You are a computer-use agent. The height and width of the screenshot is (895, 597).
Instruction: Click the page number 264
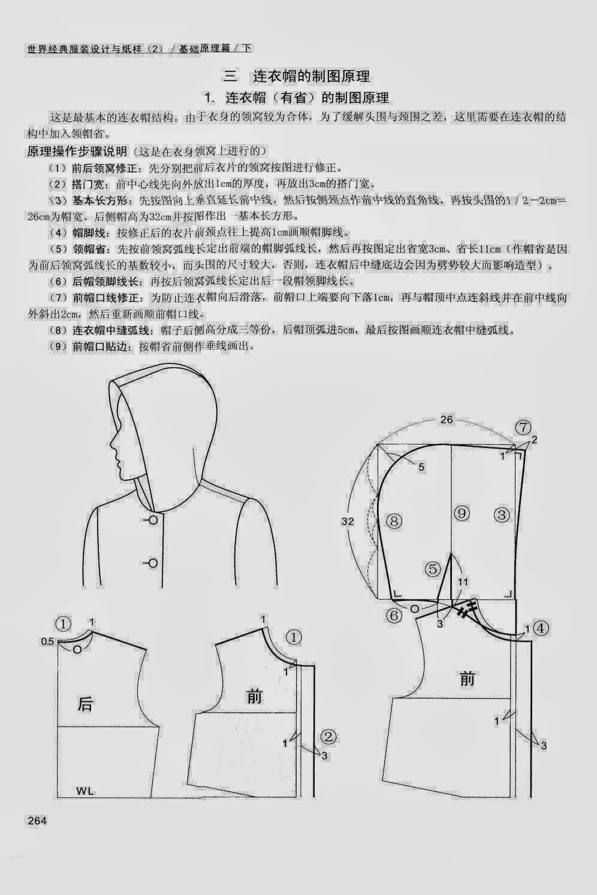(37, 821)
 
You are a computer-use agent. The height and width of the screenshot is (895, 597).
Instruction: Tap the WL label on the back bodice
(85, 791)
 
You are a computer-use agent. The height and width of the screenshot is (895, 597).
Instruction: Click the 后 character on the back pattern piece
(86, 704)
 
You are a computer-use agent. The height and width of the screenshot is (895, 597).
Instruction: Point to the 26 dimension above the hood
(447, 420)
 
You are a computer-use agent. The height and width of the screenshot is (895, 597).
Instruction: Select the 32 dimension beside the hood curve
(348, 522)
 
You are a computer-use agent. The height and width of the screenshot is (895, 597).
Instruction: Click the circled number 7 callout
(523, 428)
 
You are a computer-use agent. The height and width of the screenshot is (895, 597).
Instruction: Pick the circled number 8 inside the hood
(394, 521)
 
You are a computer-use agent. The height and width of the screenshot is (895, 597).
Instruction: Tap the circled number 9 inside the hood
(461, 513)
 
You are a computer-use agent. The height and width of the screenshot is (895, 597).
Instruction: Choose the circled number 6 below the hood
(393, 615)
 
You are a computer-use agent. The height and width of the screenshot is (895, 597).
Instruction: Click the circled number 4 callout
(541, 628)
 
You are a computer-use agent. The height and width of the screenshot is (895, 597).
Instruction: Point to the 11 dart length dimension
(463, 582)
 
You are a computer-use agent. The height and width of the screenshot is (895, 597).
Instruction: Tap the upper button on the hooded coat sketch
(153, 519)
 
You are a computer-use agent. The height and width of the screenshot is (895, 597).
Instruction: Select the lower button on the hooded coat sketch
(153, 563)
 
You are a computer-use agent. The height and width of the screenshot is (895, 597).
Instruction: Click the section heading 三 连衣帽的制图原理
(297, 76)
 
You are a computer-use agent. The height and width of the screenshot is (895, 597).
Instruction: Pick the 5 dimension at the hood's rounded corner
(421, 467)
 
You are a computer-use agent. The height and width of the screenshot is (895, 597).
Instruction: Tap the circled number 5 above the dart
(433, 569)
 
